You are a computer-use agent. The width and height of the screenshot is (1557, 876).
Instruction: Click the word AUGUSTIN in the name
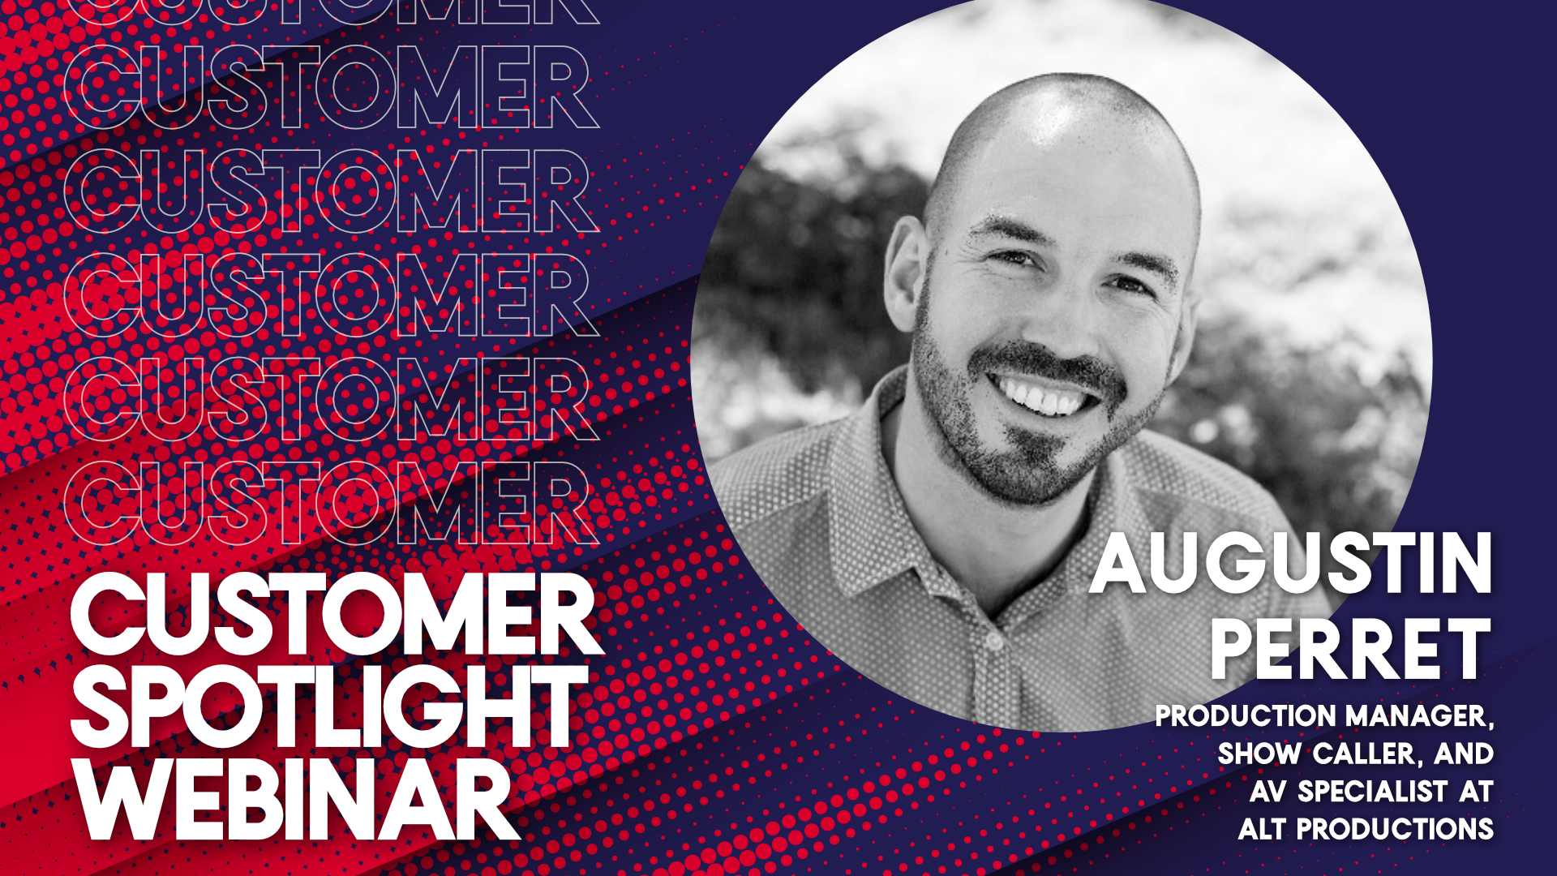coord(1291,563)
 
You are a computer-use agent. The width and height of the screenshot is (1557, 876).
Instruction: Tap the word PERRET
coord(1351,649)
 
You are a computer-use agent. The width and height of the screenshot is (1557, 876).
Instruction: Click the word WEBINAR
coord(296,800)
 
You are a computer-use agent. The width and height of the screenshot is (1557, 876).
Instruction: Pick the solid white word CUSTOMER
coord(337,614)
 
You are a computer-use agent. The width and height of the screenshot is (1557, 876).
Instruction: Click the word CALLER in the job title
coord(1367,754)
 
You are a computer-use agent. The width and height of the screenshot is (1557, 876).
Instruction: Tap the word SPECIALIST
coord(1372,792)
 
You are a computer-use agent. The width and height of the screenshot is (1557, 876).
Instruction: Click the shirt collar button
coord(994,642)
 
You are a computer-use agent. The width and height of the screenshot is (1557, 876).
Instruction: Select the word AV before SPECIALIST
coord(1269,792)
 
